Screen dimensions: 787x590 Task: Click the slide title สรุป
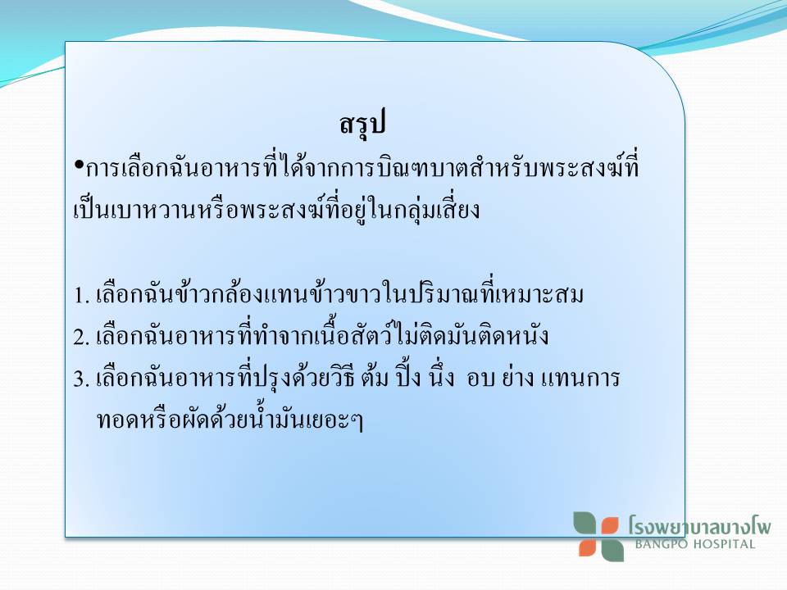coord(362,124)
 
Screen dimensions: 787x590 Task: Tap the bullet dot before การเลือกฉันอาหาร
coord(79,165)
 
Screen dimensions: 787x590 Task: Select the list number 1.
coord(81,296)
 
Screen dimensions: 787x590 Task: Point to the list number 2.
coord(81,337)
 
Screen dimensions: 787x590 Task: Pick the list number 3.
coord(81,379)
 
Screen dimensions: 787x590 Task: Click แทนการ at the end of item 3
coord(580,379)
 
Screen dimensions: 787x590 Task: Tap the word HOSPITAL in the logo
coord(724,544)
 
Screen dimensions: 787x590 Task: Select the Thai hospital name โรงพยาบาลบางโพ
coord(699,525)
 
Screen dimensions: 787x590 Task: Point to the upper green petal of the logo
coord(585,524)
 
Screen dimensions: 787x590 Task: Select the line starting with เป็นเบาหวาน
coord(276,209)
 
